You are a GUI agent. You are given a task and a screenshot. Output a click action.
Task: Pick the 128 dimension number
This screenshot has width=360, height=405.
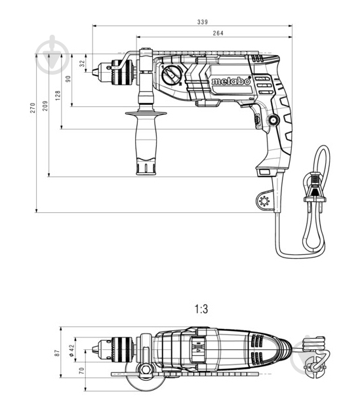[x=57, y=96]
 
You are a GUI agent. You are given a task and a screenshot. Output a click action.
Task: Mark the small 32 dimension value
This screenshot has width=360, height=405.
[x=82, y=64]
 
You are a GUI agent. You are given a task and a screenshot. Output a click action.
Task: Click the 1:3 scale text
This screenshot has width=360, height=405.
[x=201, y=307]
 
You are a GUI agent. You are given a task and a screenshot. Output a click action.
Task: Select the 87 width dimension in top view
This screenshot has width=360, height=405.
[x=58, y=353]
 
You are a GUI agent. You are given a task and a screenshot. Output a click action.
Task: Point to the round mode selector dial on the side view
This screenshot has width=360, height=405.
[x=174, y=77]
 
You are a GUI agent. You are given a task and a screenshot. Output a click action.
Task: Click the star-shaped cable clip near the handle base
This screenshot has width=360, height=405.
[x=264, y=202]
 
